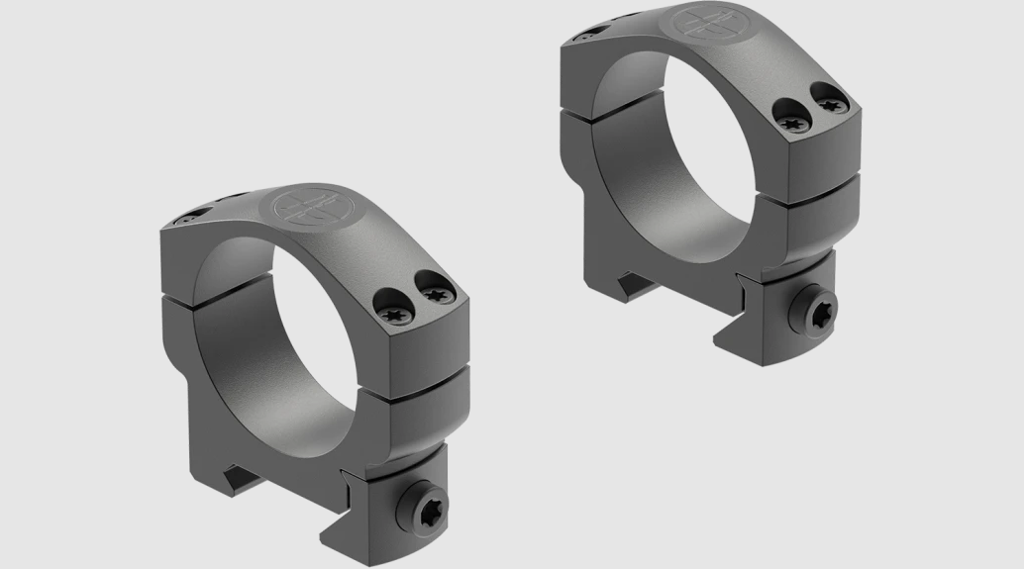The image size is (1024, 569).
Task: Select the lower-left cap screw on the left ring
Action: [392, 311]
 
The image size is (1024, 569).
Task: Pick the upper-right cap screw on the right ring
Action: [830, 98]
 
